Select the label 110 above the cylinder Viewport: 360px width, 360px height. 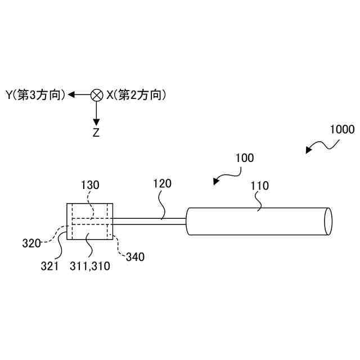(260, 186)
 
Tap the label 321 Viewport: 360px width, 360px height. (49, 267)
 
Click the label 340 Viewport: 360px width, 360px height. (134, 257)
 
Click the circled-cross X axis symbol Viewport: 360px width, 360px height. (96, 95)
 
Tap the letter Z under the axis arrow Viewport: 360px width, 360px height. (96, 133)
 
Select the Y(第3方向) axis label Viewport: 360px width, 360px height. (35, 95)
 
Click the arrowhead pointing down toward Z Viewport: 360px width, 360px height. (96, 121)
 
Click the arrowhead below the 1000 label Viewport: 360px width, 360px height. (309, 150)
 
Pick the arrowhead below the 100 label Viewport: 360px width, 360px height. (217, 181)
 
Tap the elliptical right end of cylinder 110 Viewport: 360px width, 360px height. (328, 222)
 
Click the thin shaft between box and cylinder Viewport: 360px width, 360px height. (149, 222)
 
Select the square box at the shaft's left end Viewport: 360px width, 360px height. (90, 221)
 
